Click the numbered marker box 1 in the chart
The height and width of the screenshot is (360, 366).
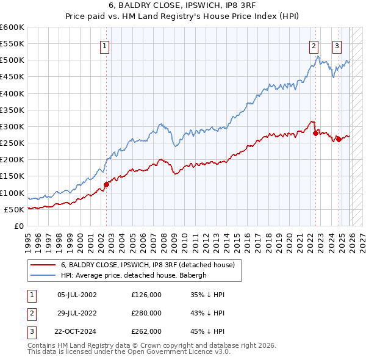104,45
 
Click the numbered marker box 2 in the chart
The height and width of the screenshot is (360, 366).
314,45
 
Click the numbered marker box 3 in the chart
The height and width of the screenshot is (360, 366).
337,45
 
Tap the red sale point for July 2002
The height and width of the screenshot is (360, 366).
106,184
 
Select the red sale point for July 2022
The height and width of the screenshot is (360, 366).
315,132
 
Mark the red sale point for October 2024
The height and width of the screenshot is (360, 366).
339,139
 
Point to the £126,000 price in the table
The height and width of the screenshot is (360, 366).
146,295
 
